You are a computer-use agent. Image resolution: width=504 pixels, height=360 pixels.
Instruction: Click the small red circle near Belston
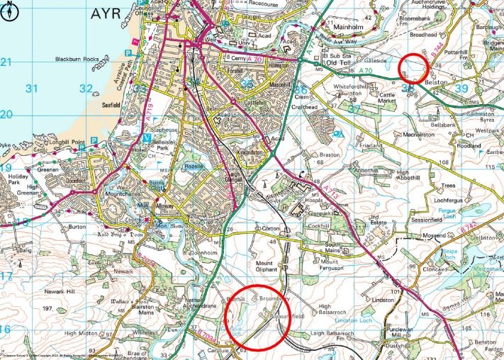[x=413, y=67]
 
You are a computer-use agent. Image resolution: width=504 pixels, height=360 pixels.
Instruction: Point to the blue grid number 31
[x=30, y=89]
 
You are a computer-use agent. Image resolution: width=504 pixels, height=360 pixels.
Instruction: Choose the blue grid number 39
[x=462, y=89]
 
